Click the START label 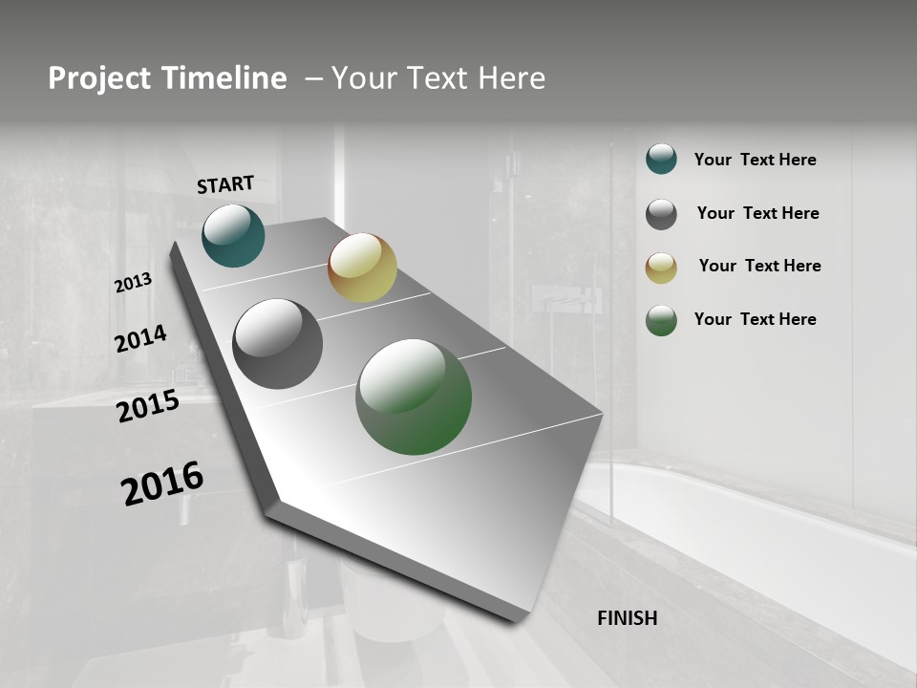225,184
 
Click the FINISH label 627,618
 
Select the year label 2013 134,283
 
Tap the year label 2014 141,339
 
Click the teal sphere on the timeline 233,236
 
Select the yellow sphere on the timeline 362,268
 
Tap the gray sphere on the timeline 278,344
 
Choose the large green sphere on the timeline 414,397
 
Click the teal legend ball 661,160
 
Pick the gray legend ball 661,214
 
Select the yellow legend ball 661,268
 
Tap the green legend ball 661,320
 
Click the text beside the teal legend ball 755,161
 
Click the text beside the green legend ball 755,319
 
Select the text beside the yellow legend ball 759,266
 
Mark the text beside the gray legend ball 757,213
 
